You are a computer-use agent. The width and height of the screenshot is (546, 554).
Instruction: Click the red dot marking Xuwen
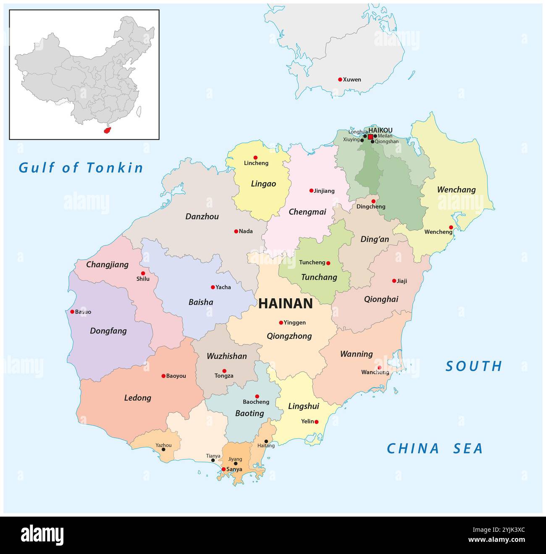pos(340,79)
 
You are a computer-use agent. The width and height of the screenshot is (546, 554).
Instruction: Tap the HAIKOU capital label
pos(380,130)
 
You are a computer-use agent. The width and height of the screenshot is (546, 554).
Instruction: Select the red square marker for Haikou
pos(370,137)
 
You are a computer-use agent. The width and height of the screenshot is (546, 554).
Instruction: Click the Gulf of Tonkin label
pos(81,168)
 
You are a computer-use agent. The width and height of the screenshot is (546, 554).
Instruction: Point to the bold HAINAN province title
pos(286,304)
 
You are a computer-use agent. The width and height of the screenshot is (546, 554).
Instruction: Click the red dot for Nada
pos(236,231)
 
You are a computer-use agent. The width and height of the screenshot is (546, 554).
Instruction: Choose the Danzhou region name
pos(202,217)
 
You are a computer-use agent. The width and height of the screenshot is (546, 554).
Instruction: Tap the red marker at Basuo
pos(72,312)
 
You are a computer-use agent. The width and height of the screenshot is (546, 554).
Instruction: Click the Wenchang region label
pos(456,190)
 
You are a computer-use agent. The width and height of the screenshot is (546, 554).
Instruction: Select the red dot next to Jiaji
pos(394,281)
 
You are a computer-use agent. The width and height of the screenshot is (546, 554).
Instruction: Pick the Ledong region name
pos(137,398)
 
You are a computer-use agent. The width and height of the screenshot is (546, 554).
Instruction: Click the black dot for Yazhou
pos(163,449)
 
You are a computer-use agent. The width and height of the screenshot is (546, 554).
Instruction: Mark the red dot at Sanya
pos(223,469)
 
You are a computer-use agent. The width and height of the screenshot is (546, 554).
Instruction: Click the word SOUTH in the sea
pos(474,366)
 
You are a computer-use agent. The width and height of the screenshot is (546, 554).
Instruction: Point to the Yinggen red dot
pos(281,323)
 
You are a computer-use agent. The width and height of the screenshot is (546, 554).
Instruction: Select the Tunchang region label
pos(319,277)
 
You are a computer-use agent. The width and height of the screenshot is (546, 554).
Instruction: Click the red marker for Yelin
pos(317,422)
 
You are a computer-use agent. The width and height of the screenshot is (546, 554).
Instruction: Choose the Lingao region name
pos(263,184)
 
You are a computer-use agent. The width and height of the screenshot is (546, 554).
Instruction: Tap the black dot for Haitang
pos(266,441)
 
